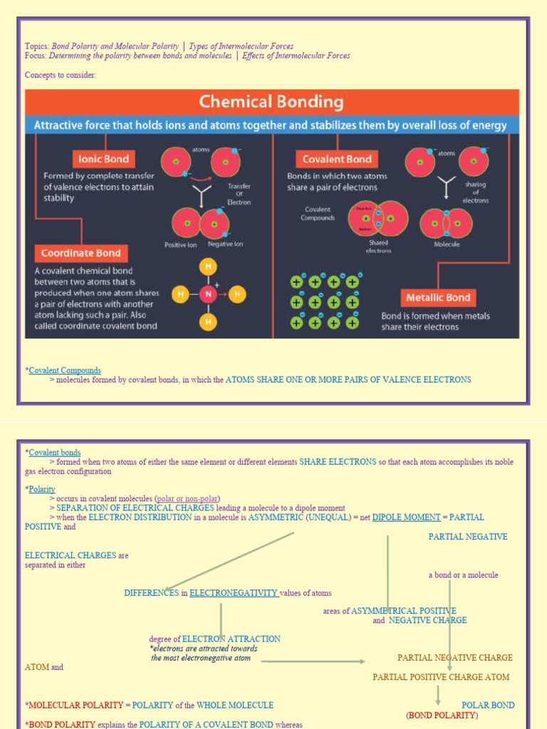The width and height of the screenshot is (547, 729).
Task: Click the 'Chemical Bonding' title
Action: click(271, 102)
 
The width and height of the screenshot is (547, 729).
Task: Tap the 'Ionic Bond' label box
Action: click(104, 159)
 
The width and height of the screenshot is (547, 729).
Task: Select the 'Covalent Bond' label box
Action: click(337, 159)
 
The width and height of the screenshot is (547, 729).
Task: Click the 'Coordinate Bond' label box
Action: click(80, 253)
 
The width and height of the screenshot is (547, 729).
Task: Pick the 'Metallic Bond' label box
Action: click(438, 298)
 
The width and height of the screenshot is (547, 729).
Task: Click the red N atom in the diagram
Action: click(208, 293)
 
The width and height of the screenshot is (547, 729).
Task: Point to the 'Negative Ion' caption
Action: click(225, 244)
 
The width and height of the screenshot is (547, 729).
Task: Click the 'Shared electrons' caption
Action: click(378, 246)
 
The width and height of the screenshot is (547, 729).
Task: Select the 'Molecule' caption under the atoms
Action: click(447, 244)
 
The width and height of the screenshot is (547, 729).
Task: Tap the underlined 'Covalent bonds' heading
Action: click(55, 452)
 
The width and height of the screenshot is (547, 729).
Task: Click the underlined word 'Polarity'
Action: click(42, 489)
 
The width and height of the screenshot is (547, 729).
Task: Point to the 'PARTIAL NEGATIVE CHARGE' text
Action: click(454, 658)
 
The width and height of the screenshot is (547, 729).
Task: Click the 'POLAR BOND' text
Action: click(488, 705)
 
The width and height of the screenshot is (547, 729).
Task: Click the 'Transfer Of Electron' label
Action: click(239, 194)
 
